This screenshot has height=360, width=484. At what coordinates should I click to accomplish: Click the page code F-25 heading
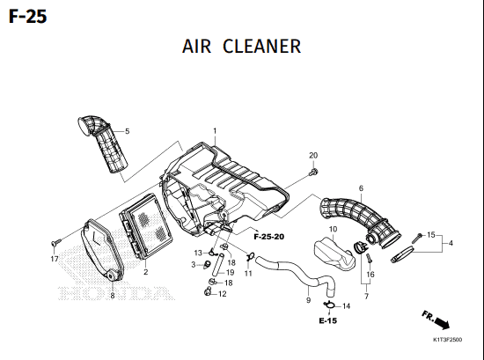pyautogui.click(x=28, y=17)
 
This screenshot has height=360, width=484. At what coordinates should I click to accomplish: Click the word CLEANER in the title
pyautogui.click(x=261, y=47)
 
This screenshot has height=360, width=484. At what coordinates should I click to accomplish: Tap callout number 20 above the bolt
pyautogui.click(x=313, y=155)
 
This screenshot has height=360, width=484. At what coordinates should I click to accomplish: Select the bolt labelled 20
pyautogui.click(x=313, y=173)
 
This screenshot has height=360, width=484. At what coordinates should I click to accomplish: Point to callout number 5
pyautogui.click(x=128, y=131)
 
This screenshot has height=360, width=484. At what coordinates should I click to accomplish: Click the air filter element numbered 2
pyautogui.click(x=146, y=226)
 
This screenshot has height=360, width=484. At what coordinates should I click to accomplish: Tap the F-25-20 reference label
pyautogui.click(x=269, y=237)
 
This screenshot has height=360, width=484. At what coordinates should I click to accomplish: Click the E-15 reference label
pyautogui.click(x=328, y=320)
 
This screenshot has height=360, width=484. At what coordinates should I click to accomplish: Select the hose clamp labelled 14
pyautogui.click(x=329, y=305)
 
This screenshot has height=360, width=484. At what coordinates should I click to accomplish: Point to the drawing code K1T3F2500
pyautogui.click(x=448, y=340)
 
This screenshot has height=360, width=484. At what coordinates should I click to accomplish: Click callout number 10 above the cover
pyautogui.click(x=333, y=229)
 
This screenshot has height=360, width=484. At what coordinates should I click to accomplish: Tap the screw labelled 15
pyautogui.click(x=417, y=238)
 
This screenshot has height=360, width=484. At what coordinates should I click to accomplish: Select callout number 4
pyautogui.click(x=451, y=243)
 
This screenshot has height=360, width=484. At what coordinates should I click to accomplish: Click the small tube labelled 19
pyautogui.click(x=216, y=265)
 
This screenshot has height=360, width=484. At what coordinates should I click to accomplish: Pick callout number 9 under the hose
pyautogui.click(x=308, y=300)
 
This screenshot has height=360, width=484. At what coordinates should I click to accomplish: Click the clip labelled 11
pyautogui.click(x=250, y=256)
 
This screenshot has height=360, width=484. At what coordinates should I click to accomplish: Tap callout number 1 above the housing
pyautogui.click(x=215, y=131)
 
